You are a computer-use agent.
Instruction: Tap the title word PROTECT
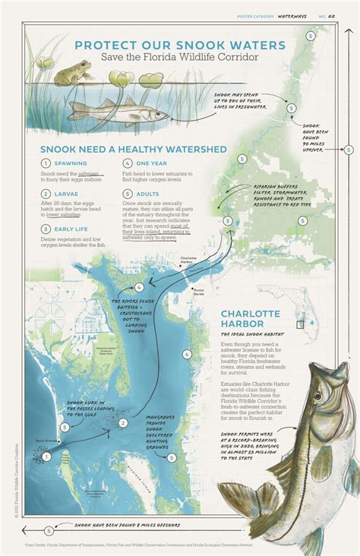(x=103, y=45)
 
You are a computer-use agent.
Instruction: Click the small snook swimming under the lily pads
(x=118, y=110)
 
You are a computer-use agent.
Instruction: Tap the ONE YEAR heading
(x=152, y=163)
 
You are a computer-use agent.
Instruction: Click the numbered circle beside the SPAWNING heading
(x=46, y=163)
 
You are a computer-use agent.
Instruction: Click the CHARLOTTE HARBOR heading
(x=251, y=319)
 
